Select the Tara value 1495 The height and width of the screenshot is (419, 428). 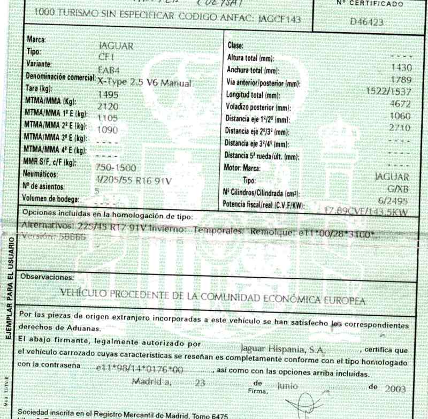(109, 95)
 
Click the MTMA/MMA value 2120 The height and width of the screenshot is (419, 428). (109, 106)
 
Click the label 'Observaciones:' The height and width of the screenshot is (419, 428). (45, 277)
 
